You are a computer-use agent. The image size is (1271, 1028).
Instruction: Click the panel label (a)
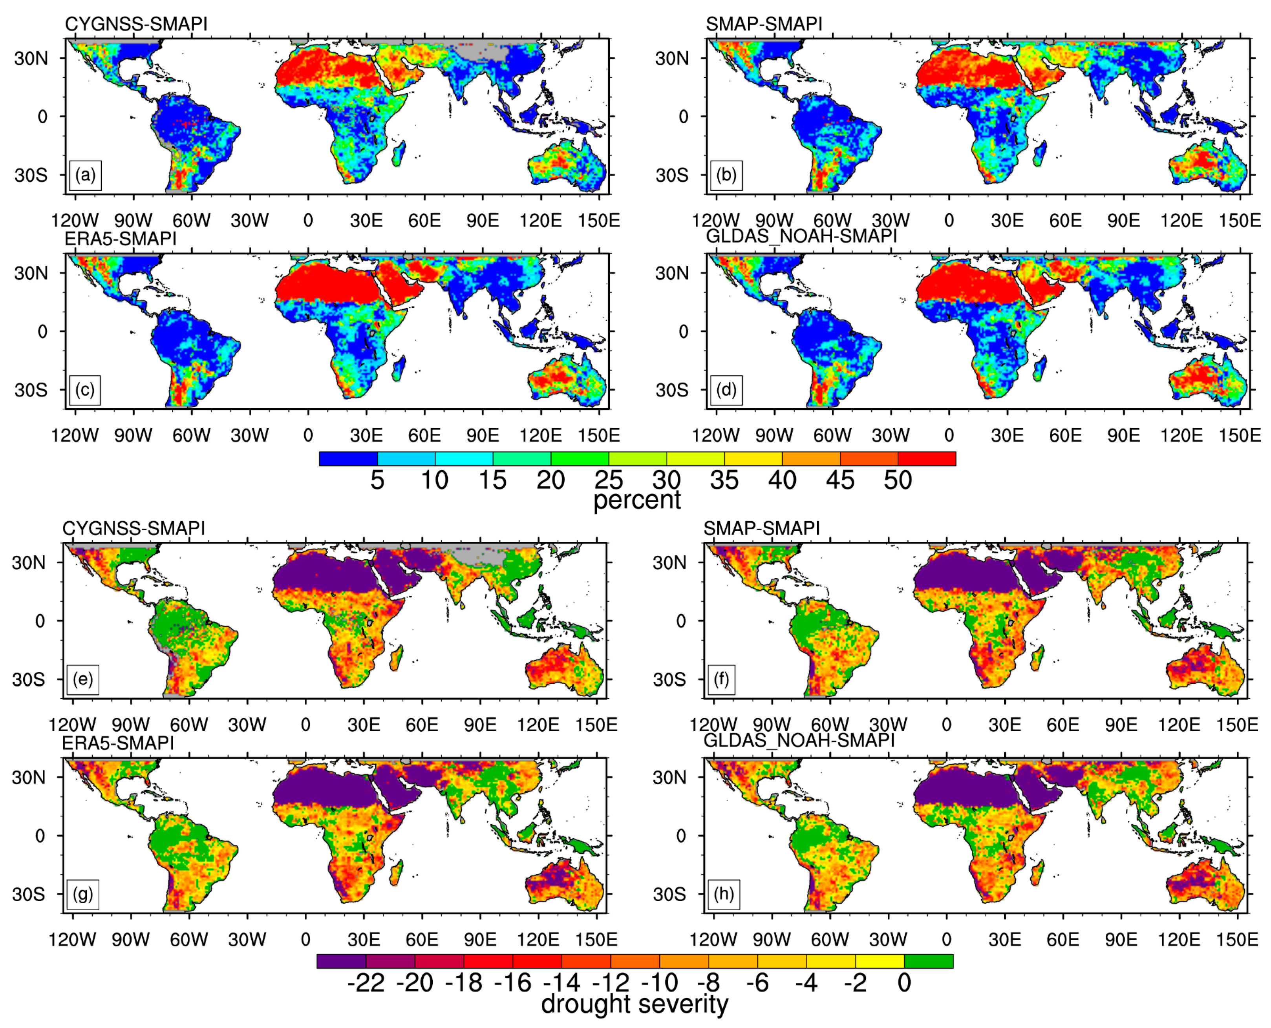click(85, 175)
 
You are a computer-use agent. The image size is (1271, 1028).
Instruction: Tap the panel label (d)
click(726, 390)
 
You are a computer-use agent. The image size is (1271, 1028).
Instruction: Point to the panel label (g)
click(83, 894)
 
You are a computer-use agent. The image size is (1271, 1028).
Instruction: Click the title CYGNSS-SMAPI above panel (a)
click(136, 24)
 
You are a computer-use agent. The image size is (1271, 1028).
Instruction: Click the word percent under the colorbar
click(637, 500)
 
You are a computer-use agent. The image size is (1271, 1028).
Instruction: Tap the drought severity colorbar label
click(634, 1004)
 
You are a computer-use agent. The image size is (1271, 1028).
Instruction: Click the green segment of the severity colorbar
click(928, 961)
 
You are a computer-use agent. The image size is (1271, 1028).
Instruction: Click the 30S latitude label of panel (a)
click(31, 175)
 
